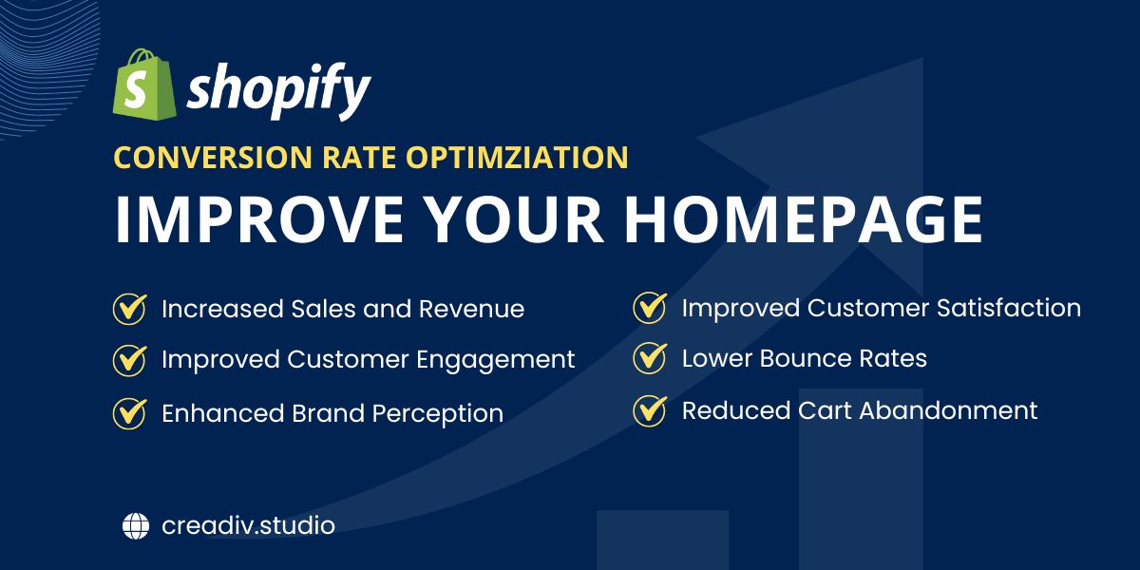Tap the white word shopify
[279, 90]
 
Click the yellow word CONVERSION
[213, 157]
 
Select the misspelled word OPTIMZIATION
[517, 157]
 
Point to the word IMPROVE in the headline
[259, 219]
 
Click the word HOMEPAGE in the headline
[804, 219]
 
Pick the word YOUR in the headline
[515, 219]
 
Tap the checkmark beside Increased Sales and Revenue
[130, 309]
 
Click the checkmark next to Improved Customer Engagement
[130, 360]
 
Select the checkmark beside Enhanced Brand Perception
[130, 413]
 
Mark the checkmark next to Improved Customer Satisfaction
[650, 308]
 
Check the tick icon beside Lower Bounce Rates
[650, 358]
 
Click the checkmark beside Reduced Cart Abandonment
[650, 410]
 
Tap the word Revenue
[471, 309]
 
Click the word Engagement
[496, 361]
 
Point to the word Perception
[438, 414]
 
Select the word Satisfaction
[1009, 308]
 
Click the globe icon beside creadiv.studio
[136, 525]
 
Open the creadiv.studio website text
[248, 525]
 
